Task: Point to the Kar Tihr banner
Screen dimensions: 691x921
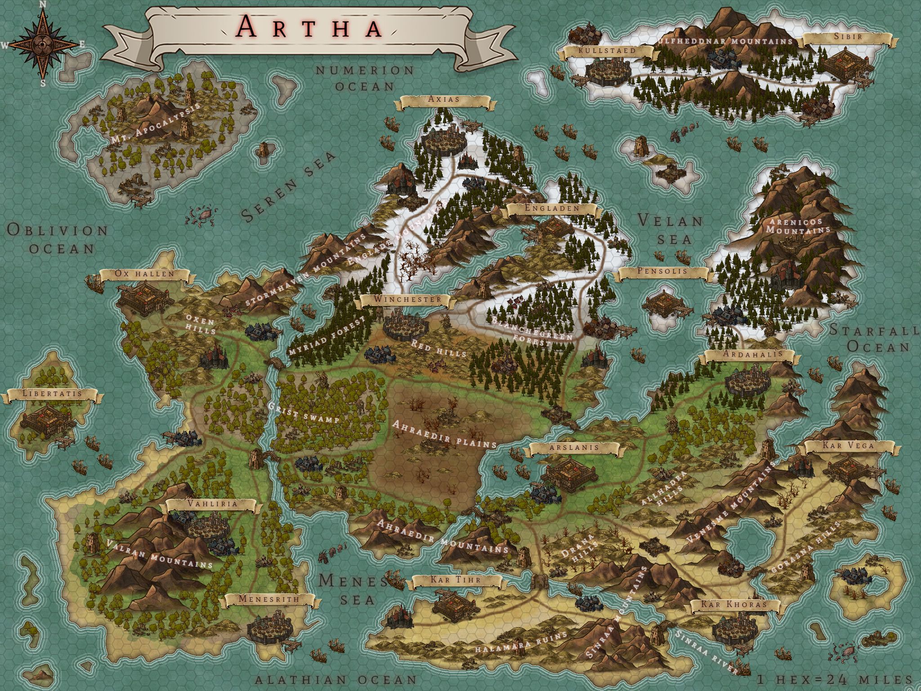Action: [x=456, y=581]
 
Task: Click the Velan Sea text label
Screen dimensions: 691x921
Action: [x=671, y=229]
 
